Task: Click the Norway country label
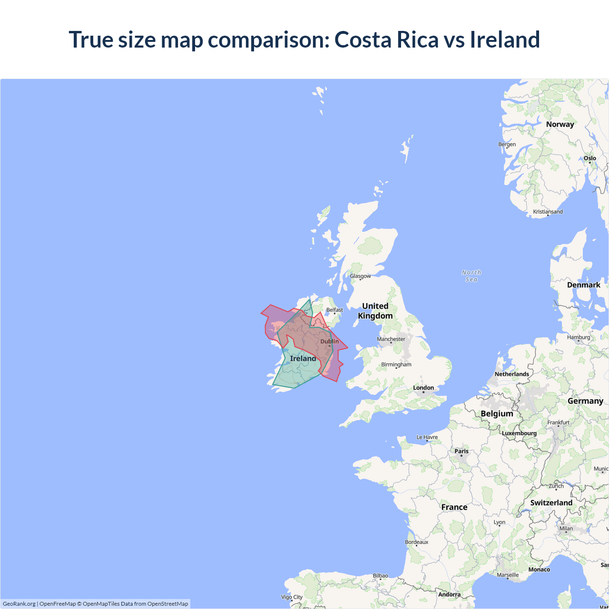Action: tap(560, 124)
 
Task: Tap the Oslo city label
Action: tap(590, 158)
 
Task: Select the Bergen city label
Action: tap(507, 144)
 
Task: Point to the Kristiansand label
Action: tap(548, 212)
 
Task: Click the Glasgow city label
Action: tap(360, 276)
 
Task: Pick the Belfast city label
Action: tap(334, 310)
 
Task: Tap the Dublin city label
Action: tap(329, 342)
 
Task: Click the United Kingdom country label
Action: tap(375, 311)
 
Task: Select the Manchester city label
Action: tap(391, 339)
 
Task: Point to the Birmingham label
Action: tap(396, 364)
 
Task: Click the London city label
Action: tap(423, 388)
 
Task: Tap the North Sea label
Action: tap(471, 276)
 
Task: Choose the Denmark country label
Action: tap(583, 285)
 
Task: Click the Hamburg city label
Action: tap(578, 337)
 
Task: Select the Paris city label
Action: tap(461, 451)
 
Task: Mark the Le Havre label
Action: tap(427, 437)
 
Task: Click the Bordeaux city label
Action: tap(416, 542)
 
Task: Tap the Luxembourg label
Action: tap(519, 433)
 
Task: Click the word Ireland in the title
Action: tap(505, 39)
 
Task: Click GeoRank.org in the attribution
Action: tap(19, 604)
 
